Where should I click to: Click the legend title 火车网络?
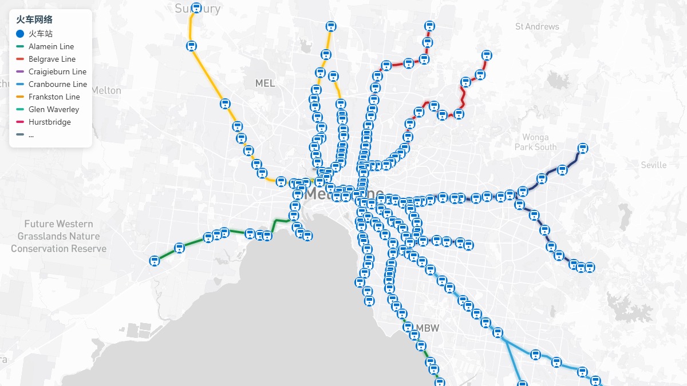pyautogui.click(x=34, y=19)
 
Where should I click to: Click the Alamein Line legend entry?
pyautogui.click(x=51, y=46)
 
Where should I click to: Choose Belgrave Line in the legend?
pyautogui.click(x=52, y=59)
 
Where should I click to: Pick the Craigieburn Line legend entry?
pyautogui.click(x=57, y=71)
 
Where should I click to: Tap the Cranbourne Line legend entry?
pyautogui.click(x=58, y=84)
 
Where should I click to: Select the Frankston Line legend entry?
pyautogui.click(x=54, y=97)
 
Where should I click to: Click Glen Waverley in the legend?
pyautogui.click(x=54, y=109)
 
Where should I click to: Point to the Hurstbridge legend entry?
pyautogui.click(x=49, y=122)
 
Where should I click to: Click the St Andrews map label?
pyautogui.click(x=536, y=26)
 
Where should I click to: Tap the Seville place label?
pyautogui.click(x=653, y=165)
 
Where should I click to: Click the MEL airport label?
pyautogui.click(x=265, y=83)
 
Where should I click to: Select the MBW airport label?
pyautogui.click(x=428, y=328)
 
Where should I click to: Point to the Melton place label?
pyautogui.click(x=106, y=90)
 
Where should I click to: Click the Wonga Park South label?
pyautogui.click(x=535, y=142)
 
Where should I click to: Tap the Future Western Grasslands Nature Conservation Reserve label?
pyautogui.click(x=58, y=236)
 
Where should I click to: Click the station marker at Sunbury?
pyautogui.click(x=196, y=8)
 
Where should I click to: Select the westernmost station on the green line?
pyautogui.click(x=154, y=261)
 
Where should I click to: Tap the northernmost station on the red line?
pyautogui.click(x=429, y=26)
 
